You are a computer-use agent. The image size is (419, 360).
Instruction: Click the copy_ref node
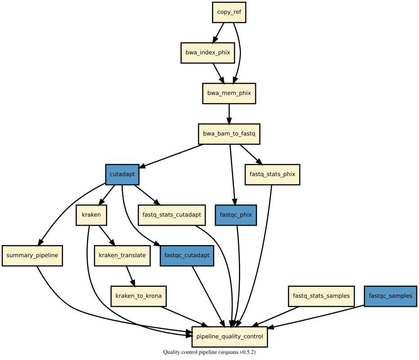229,12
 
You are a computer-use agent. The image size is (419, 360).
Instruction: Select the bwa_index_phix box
207,53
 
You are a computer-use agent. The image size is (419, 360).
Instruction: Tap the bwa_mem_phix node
229,93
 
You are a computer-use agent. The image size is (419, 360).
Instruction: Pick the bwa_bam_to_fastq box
229,134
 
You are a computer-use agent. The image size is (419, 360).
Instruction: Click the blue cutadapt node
122,174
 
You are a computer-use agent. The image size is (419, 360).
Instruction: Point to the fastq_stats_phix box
272,174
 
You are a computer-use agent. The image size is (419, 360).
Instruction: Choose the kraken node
91,215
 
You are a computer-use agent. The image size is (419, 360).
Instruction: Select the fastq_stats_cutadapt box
171,215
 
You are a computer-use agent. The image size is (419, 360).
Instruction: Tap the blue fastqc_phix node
236,215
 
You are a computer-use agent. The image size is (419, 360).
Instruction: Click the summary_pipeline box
32,255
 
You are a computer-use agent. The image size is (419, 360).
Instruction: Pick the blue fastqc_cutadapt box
187,255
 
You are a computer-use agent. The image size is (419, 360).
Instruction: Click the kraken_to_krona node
139,296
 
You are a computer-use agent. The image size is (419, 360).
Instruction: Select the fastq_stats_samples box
321,296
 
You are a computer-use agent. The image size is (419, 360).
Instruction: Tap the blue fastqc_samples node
390,296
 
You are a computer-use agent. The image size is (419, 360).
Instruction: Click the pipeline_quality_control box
230,337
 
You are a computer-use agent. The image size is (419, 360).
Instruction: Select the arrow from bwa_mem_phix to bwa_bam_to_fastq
229,114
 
